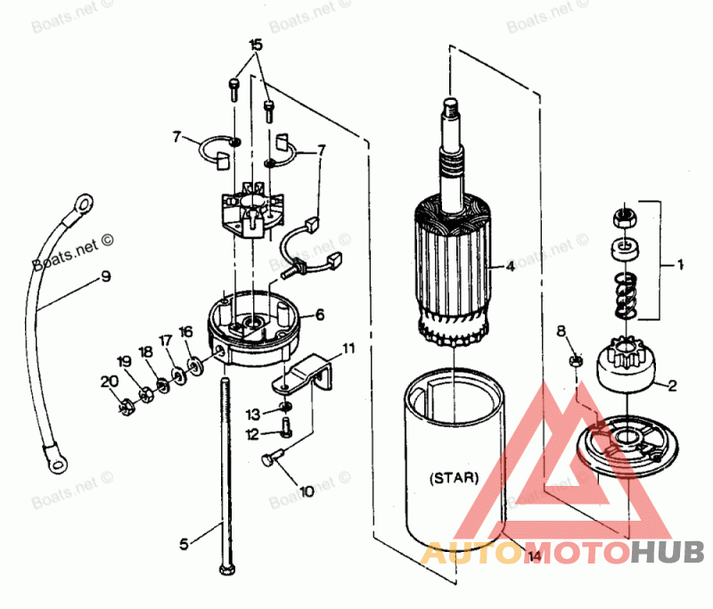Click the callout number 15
click(x=256, y=45)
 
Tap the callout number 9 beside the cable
click(x=106, y=276)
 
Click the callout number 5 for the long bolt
click(x=184, y=542)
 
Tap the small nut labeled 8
click(x=576, y=360)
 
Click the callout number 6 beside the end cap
click(x=319, y=315)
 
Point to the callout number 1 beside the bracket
click(x=679, y=265)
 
